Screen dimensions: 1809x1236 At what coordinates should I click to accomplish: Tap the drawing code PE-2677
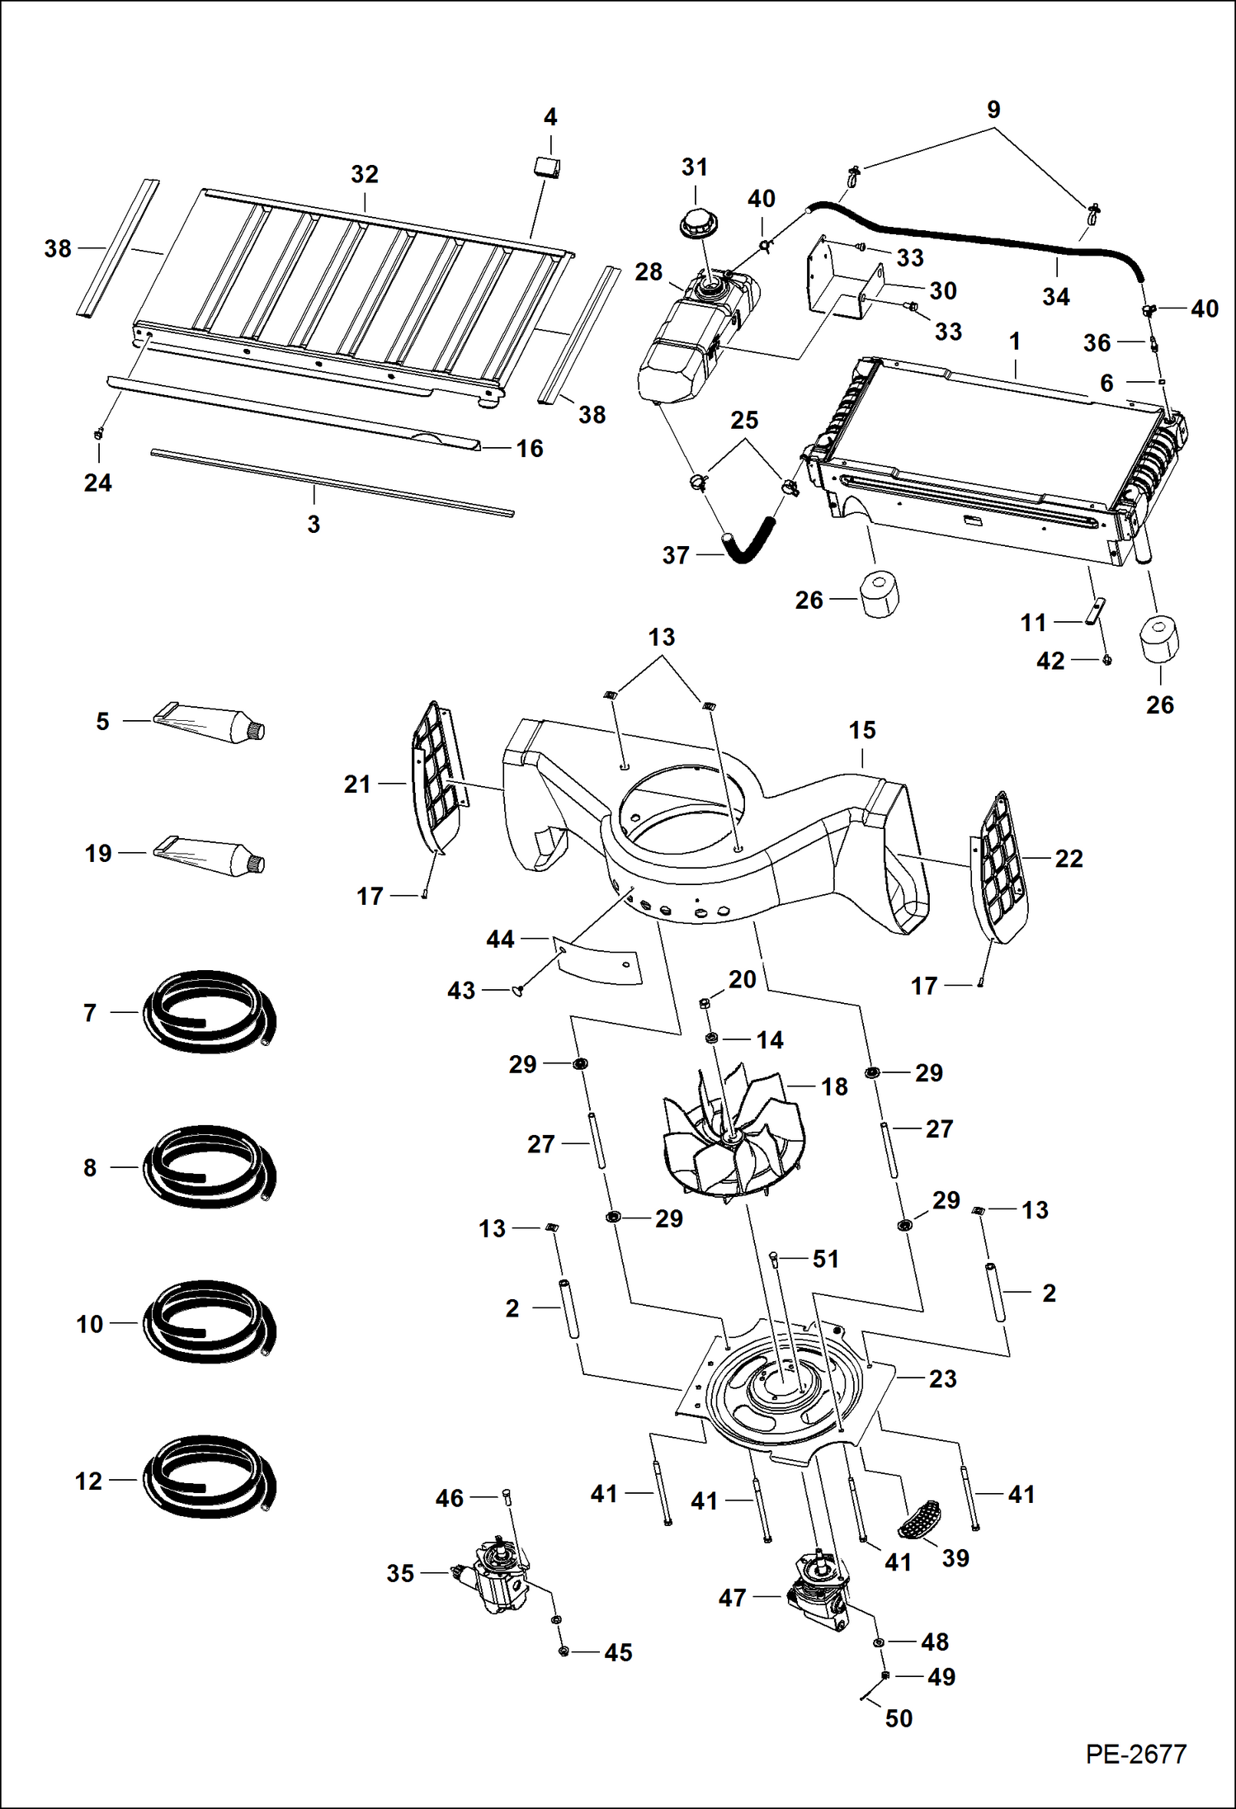click(1135, 1753)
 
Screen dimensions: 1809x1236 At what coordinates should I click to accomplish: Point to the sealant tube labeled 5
click(210, 724)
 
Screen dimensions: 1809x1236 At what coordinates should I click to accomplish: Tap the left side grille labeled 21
click(438, 780)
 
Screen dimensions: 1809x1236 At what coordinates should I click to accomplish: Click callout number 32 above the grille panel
click(365, 174)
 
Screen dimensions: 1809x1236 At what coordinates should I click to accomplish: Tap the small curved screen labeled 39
click(918, 1520)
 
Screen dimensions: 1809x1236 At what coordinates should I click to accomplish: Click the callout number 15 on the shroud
click(862, 730)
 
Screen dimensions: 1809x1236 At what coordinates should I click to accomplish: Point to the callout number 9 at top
click(993, 110)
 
